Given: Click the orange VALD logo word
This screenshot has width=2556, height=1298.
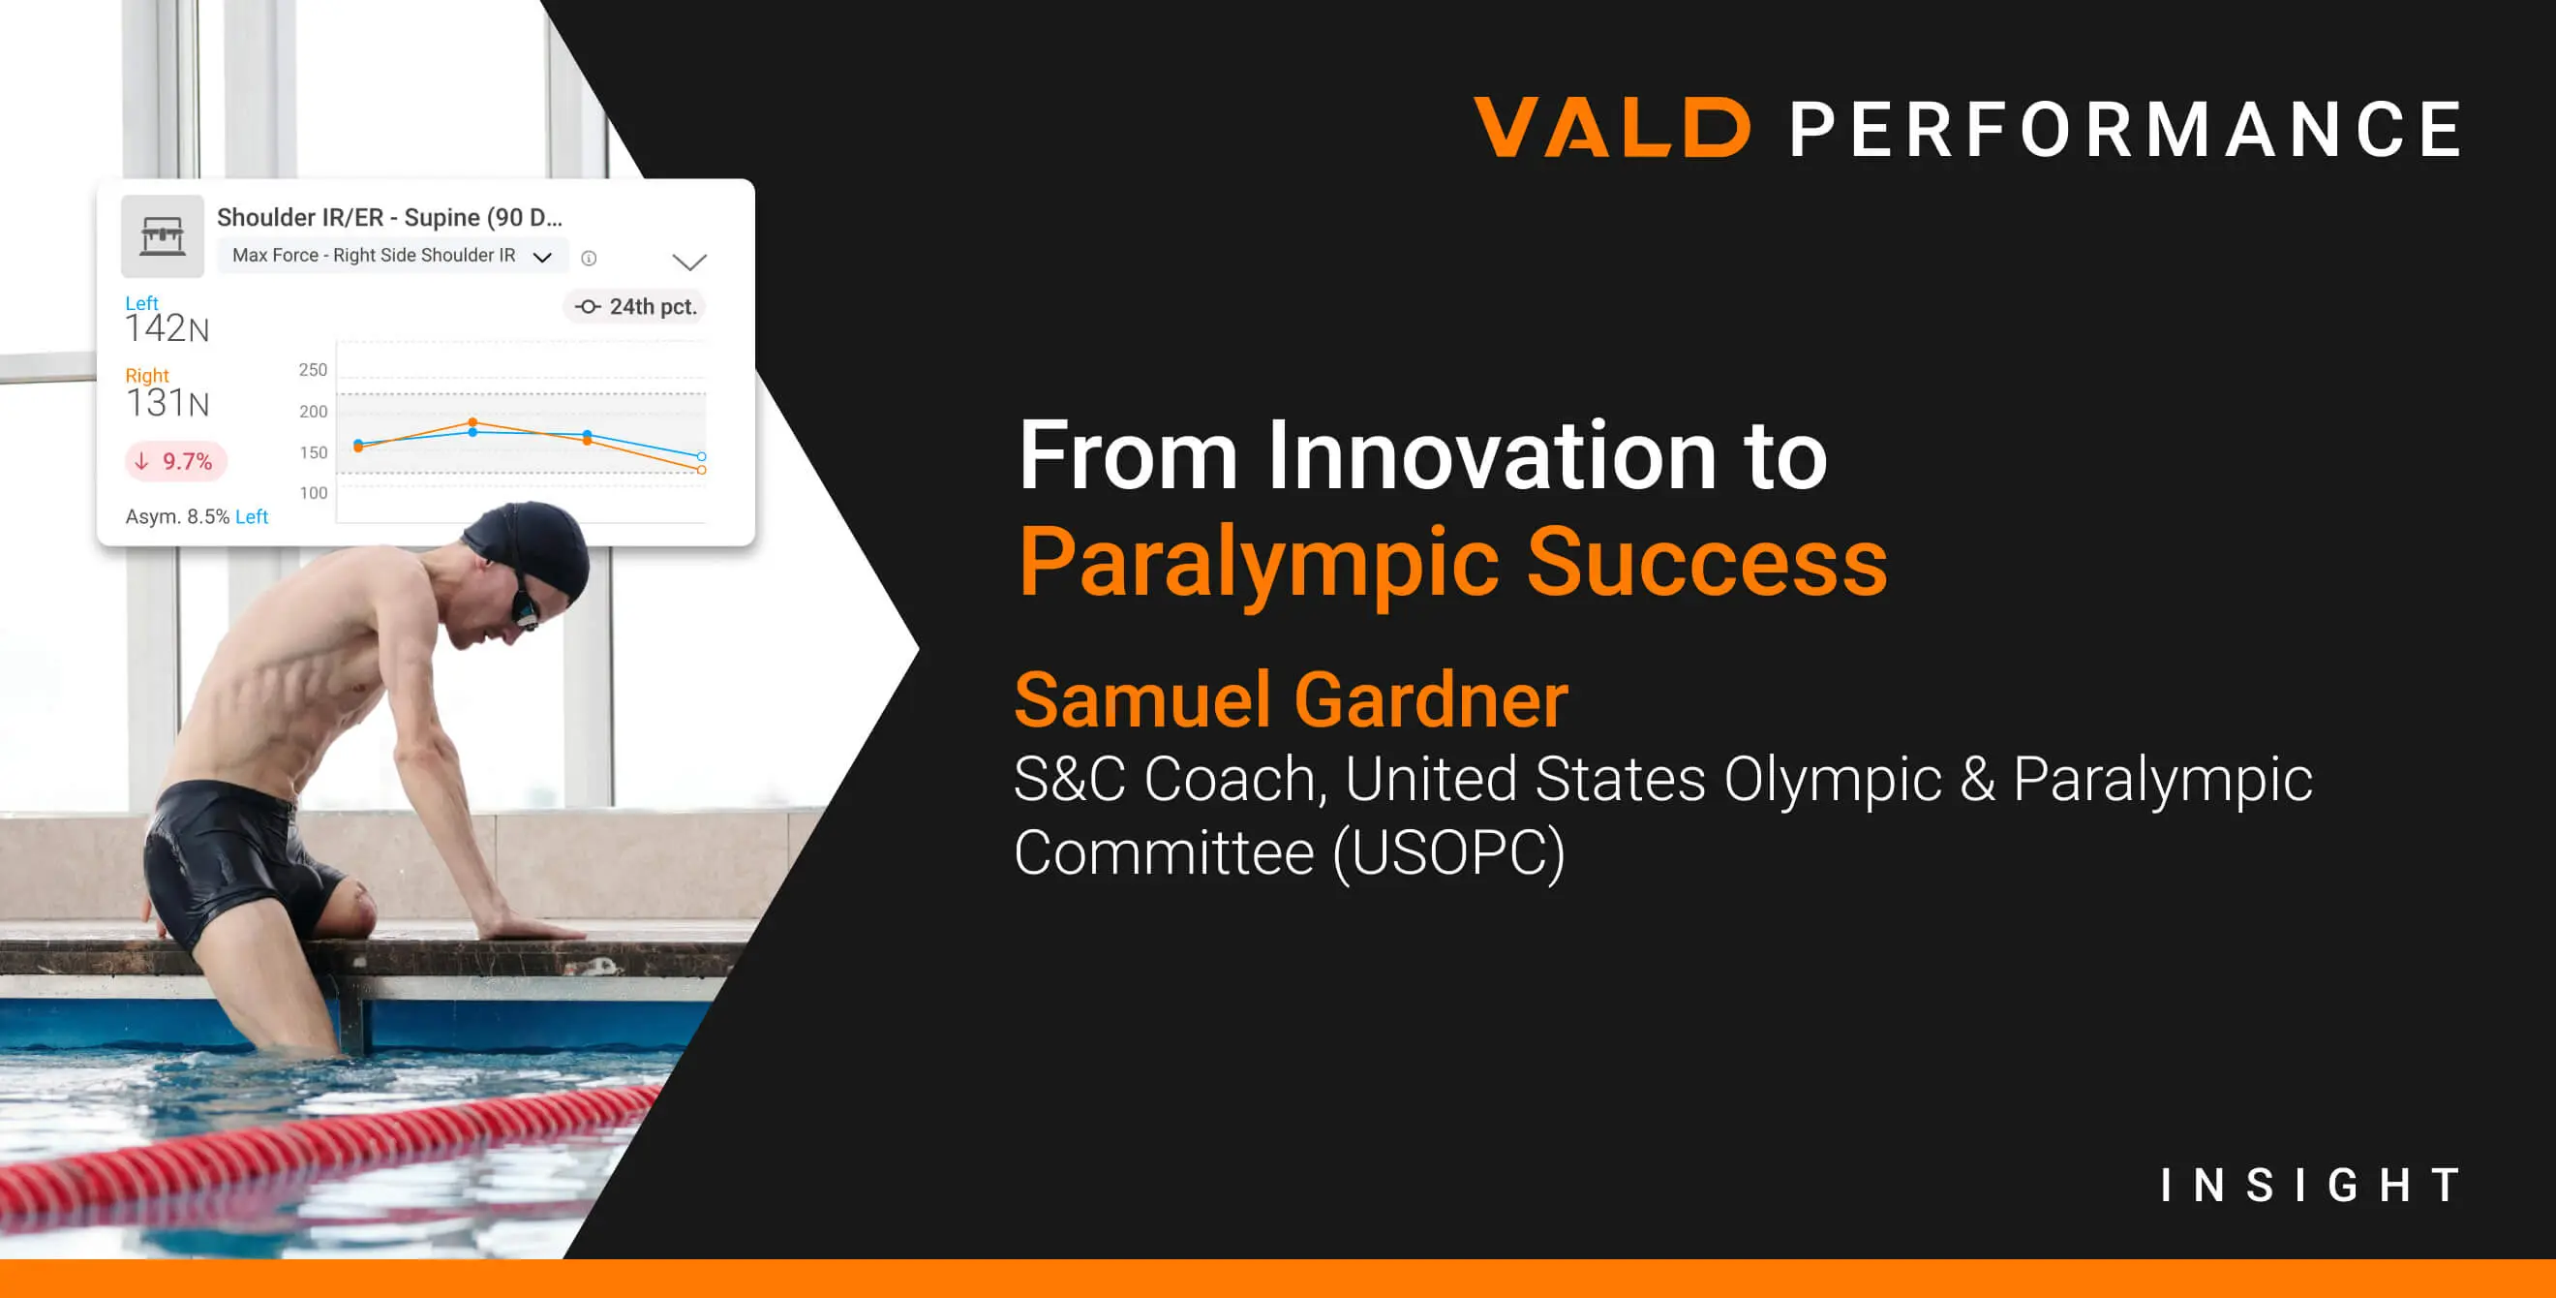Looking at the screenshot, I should pyautogui.click(x=1611, y=128).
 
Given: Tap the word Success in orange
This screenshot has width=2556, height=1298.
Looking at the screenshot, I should pyautogui.click(x=1706, y=563).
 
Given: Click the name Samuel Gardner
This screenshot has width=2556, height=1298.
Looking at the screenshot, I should pyautogui.click(x=1291, y=699).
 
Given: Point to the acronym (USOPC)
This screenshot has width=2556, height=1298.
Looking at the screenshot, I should pyautogui.click(x=1447, y=852).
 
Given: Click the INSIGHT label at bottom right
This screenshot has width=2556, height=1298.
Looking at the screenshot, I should pyautogui.click(x=2310, y=1185).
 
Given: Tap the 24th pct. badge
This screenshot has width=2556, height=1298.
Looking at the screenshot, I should pyautogui.click(x=637, y=307).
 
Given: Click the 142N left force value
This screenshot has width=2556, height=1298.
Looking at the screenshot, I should pyautogui.click(x=167, y=328).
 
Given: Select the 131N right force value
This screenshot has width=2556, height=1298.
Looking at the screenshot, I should pyautogui.click(x=167, y=403).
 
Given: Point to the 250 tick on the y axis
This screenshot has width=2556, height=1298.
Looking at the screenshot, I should pyautogui.click(x=313, y=370).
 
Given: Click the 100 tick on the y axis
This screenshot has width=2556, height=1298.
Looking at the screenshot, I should pyautogui.click(x=313, y=493).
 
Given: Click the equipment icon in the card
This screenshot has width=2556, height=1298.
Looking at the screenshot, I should pyautogui.click(x=162, y=236).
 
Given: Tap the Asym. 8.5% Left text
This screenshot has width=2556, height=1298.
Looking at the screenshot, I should pyautogui.click(x=197, y=517).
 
